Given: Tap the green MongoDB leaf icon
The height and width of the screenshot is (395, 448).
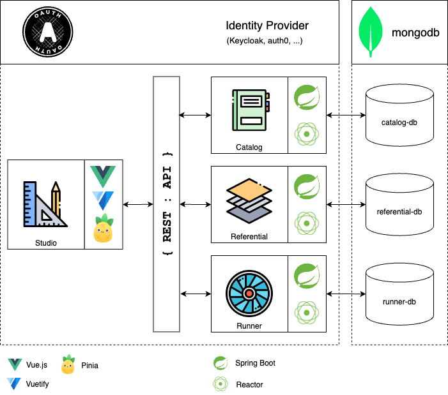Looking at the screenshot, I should click(371, 33).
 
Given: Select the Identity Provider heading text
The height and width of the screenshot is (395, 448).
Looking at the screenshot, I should click(267, 26).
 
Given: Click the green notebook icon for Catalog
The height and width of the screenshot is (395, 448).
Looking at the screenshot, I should click(250, 111).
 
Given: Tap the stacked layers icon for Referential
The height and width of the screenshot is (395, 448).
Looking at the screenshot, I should click(250, 200).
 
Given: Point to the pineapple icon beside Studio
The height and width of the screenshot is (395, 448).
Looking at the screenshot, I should click(104, 230).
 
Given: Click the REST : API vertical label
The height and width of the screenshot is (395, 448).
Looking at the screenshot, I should click(167, 204).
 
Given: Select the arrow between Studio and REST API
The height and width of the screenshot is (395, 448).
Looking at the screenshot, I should click(138, 204).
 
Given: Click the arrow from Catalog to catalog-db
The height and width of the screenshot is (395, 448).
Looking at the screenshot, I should click(346, 116).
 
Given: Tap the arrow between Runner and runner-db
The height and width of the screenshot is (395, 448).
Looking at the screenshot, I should click(346, 294).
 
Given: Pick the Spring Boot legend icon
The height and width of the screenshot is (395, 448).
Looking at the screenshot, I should click(220, 363).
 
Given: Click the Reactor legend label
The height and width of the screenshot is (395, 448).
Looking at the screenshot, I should click(249, 384).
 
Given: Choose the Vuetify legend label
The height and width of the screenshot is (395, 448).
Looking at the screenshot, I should click(37, 384).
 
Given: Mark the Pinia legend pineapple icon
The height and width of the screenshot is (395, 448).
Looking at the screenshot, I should click(68, 365).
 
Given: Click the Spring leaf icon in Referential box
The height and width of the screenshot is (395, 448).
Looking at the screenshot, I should click(307, 186).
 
